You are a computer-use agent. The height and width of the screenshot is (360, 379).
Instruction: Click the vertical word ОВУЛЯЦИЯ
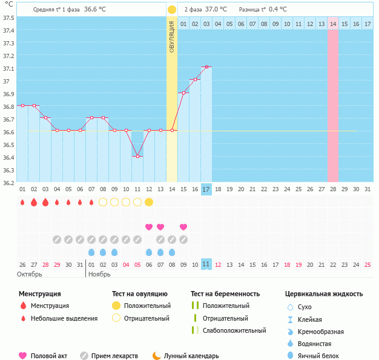pos(172,36)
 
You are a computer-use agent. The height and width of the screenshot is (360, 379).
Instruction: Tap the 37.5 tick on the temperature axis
pos(8,18)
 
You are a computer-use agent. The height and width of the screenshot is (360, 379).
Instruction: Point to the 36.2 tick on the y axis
pos(8,182)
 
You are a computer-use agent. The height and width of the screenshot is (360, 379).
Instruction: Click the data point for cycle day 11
pos(137,156)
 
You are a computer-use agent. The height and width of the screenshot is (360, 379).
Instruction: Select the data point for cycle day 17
pos(206,67)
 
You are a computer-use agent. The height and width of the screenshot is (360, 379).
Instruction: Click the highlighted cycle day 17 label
pos(206,189)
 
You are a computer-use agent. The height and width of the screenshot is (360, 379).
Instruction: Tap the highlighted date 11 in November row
pos(206,264)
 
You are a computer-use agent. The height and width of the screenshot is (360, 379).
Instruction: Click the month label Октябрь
pos(30,274)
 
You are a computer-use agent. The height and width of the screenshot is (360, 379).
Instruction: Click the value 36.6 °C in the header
pos(94,10)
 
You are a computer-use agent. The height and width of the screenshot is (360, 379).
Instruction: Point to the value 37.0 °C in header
pos(216,10)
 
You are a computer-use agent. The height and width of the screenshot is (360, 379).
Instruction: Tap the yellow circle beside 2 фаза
pos(172,10)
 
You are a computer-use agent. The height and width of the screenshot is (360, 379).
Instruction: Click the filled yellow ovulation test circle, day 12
pos(149,201)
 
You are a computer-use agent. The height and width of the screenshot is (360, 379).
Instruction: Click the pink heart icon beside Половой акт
pos(23,356)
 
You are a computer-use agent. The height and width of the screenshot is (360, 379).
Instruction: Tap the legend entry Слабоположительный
pos(234,330)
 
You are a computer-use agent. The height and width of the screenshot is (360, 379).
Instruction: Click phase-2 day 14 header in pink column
pos(333,24)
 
